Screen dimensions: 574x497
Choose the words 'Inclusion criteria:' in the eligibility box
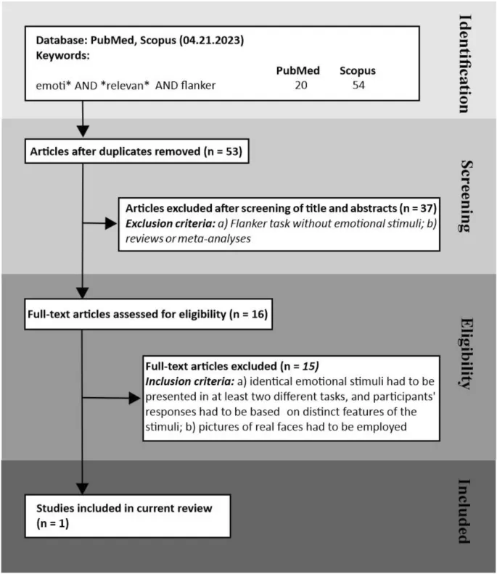(193, 382)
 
